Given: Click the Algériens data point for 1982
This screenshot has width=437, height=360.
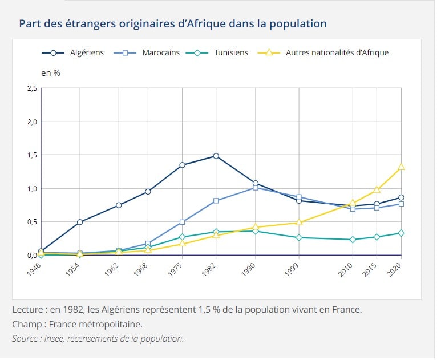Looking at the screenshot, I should point(216,156).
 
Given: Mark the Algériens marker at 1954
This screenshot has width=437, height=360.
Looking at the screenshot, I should point(80,222).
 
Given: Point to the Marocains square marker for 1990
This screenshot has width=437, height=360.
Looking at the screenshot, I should point(255,188).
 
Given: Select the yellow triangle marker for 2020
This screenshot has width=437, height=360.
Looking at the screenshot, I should point(401,167).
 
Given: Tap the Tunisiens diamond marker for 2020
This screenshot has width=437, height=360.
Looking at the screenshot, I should point(401,233).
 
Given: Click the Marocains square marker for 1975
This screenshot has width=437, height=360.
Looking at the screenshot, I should point(182,222).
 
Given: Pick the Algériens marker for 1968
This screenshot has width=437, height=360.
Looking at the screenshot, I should point(148,192).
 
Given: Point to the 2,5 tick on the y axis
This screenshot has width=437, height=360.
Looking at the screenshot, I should point(31,88).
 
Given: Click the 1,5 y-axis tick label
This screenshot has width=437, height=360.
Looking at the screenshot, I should point(31,155).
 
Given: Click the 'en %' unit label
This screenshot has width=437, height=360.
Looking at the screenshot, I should point(51,73).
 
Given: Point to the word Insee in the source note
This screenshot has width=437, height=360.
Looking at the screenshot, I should point(51,339).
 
